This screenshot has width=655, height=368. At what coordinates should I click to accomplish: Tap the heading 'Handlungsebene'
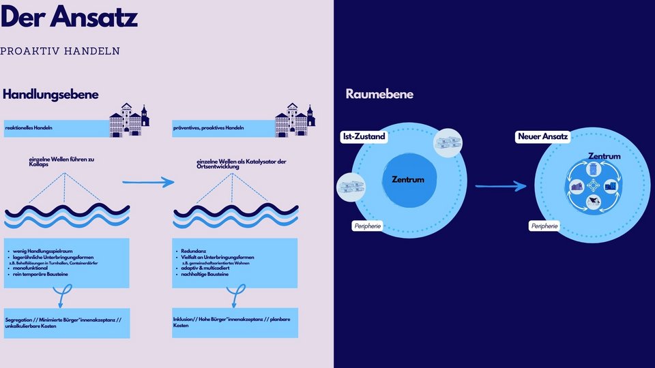point(51,95)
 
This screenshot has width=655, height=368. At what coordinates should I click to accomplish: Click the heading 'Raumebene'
point(379,95)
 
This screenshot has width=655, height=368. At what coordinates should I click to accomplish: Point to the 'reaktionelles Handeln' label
point(29,128)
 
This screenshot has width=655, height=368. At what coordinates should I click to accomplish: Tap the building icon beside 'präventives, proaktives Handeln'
point(295,121)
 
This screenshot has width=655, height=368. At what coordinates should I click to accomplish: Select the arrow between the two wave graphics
point(148,182)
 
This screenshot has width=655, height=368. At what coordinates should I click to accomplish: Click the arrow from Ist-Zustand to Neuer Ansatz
point(501,185)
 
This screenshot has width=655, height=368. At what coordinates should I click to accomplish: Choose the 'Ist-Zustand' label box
point(364,137)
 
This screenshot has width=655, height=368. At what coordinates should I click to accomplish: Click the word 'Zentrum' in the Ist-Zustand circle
point(408,180)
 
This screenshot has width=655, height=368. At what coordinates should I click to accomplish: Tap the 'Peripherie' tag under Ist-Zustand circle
point(368,226)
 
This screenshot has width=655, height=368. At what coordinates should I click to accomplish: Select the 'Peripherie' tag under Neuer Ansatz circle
point(544,226)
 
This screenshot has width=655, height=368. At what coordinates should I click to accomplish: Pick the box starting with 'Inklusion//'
point(235,322)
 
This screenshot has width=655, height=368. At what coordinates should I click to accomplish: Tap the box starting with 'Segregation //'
point(66,322)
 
